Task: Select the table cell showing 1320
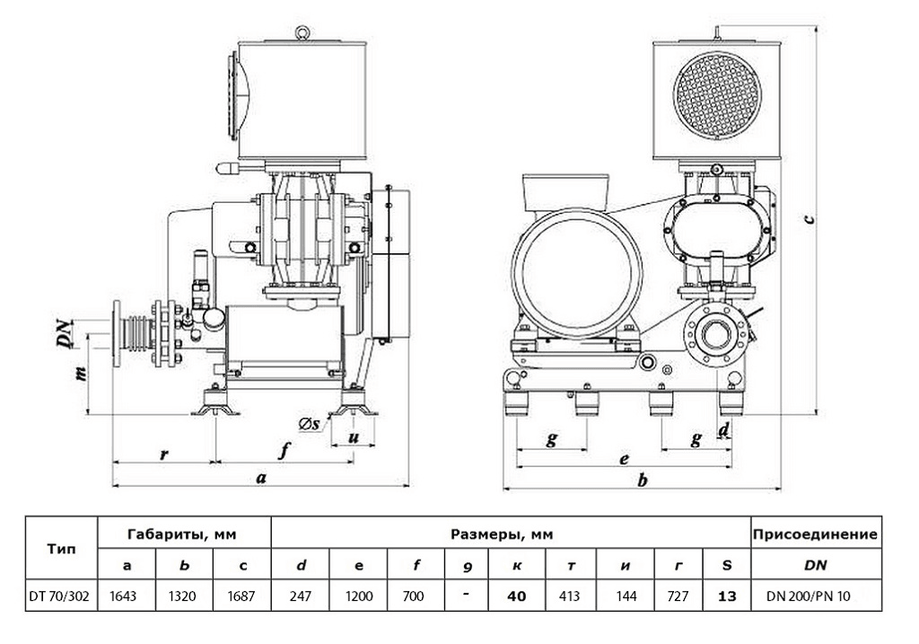184,595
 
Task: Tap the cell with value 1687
242,595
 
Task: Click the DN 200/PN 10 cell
813,595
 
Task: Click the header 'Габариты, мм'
184,534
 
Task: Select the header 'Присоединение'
814,534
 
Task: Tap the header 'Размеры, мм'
509,534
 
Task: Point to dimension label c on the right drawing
810,216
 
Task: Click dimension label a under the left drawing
261,478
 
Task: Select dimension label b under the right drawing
642,481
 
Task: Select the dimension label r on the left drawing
164,454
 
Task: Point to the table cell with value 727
681,595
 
